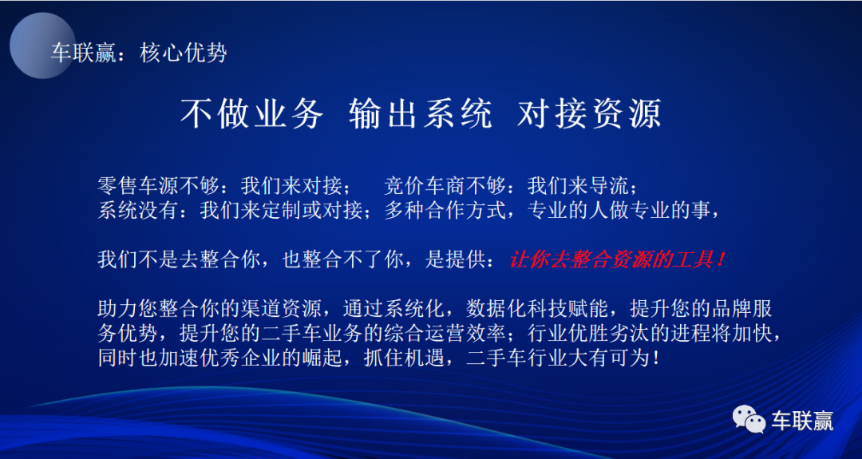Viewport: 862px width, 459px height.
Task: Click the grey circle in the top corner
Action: [42, 45]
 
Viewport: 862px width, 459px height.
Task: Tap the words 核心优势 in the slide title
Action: [183, 53]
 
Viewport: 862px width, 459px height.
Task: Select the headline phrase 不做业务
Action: [251, 114]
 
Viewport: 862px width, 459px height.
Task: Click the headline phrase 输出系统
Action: [420, 114]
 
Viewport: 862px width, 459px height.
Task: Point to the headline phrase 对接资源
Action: [589, 114]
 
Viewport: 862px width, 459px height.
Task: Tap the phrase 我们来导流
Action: [577, 187]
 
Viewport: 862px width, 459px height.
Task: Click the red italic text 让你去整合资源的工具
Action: [613, 259]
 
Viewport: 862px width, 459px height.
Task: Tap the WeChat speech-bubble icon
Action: [748, 419]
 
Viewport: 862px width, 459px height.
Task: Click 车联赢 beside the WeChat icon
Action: [802, 421]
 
